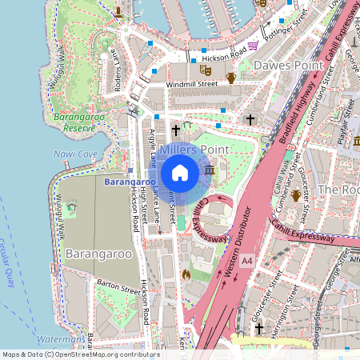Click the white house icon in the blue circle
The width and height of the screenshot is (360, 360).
[180, 173]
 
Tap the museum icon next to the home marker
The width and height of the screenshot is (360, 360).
[210, 171]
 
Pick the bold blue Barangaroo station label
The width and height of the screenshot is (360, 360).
[128, 182]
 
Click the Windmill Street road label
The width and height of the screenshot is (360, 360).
[192, 83]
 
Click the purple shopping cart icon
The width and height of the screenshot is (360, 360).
[254, 46]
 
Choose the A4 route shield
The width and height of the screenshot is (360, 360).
[246, 260]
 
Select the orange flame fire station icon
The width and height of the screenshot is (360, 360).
[186, 274]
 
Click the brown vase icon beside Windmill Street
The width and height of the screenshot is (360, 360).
[231, 78]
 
